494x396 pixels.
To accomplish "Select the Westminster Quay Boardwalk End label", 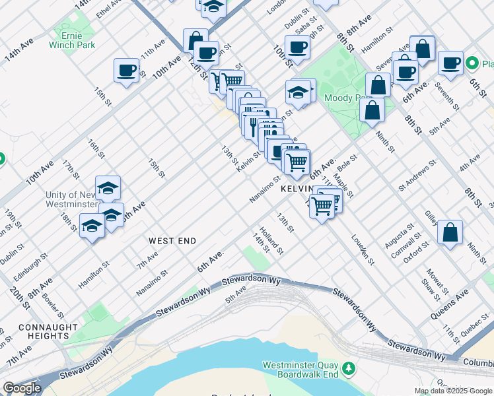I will click(300, 370).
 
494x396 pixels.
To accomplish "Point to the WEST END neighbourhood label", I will click(172, 241).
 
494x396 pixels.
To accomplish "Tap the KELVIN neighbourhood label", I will click(296, 189).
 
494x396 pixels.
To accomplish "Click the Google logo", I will click(22, 388).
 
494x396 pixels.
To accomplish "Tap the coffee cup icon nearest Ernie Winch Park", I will click(126, 69).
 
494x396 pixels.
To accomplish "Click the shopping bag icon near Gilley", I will click(450, 232).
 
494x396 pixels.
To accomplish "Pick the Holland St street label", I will click(271, 241).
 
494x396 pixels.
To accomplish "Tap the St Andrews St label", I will click(417, 175).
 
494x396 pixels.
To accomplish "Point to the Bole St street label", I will click(348, 163).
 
